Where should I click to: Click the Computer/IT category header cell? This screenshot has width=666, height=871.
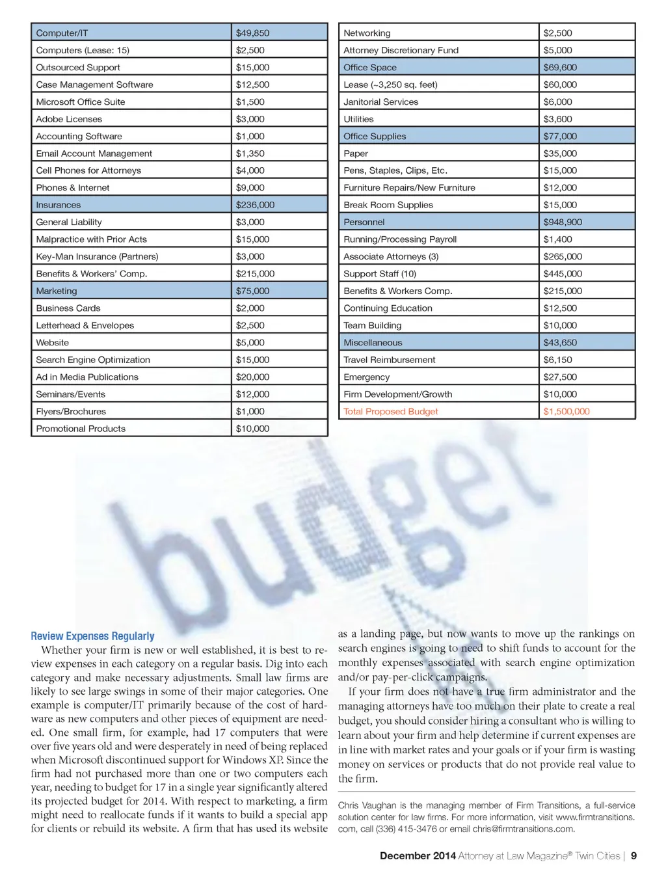62,33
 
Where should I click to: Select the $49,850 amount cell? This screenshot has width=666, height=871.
252,33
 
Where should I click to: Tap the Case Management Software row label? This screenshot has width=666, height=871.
94,85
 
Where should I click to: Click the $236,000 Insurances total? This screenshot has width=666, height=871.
255,205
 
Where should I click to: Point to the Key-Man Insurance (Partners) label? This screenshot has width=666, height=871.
97,256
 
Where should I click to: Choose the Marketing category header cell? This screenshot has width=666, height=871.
57,291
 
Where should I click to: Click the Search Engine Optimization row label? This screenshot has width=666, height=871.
93,360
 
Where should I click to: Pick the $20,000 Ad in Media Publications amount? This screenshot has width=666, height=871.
252,377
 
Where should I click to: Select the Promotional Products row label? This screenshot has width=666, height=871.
81,429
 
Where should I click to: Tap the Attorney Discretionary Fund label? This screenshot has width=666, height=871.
401,50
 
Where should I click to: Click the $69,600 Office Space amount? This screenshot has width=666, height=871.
560,67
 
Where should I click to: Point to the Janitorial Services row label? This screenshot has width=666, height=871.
380,101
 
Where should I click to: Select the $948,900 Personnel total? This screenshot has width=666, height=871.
563,222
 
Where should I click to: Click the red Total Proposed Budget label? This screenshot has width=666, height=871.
390,411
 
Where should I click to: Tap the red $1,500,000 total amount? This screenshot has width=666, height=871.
566,411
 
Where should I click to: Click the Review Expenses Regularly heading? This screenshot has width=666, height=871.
92,636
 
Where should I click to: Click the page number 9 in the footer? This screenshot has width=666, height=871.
633,856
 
